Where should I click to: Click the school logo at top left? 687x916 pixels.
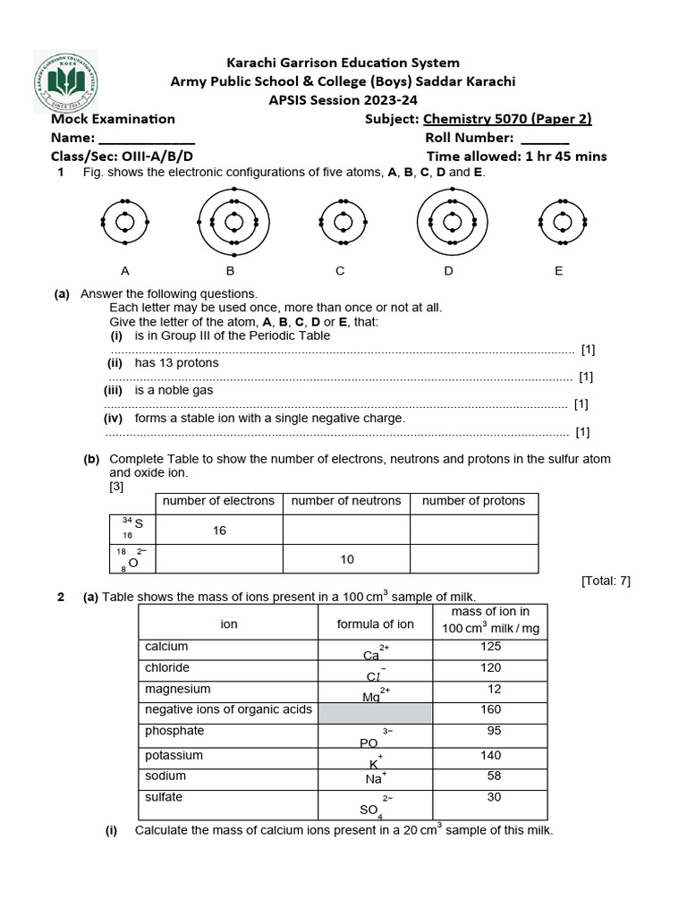pyautogui.click(x=66, y=82)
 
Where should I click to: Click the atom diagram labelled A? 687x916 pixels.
pyautogui.click(x=125, y=221)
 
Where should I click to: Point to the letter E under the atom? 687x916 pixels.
pyautogui.click(x=559, y=270)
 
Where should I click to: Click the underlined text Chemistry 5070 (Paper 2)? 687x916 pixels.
pyautogui.click(x=507, y=119)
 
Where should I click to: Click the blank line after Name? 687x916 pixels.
pyautogui.click(x=146, y=139)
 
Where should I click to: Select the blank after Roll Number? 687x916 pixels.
pyautogui.click(x=544, y=139)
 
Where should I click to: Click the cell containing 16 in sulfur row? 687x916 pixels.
pyautogui.click(x=219, y=530)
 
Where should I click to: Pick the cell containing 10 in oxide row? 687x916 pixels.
pyautogui.click(x=347, y=559)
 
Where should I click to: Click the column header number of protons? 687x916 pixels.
pyautogui.click(x=473, y=501)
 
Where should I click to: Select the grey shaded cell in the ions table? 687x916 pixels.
pyautogui.click(x=376, y=712)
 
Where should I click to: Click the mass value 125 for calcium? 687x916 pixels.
pyautogui.click(x=490, y=646)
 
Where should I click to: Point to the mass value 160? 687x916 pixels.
pyautogui.click(x=490, y=710)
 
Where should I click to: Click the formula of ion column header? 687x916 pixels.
pyautogui.click(x=376, y=623)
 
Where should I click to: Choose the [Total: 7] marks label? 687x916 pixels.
pyautogui.click(x=606, y=581)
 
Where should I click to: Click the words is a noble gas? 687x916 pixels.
pyautogui.click(x=174, y=391)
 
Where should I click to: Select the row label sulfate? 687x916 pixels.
pyautogui.click(x=163, y=797)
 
